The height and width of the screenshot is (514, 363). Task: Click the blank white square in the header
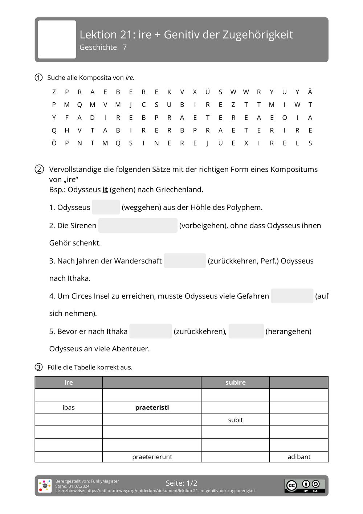tap(57, 39)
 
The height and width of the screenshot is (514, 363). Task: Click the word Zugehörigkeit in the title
tap(257, 35)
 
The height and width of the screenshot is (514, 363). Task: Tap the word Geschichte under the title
tap(98, 48)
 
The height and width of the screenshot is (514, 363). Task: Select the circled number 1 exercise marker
tap(38, 78)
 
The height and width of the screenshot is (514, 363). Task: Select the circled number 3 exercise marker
tap(38, 367)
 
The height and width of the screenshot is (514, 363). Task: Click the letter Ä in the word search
tap(310, 92)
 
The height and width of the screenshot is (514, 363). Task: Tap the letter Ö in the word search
tap(54, 143)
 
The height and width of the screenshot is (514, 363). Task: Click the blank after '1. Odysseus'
tap(106, 207)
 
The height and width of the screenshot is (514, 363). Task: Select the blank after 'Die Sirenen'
tap(138, 225)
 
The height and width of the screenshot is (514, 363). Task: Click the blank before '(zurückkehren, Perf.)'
tap(184, 261)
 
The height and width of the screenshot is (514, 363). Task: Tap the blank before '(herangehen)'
tap(246, 331)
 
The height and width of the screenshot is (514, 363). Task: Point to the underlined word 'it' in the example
tap(105, 189)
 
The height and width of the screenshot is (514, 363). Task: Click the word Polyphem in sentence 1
tap(243, 208)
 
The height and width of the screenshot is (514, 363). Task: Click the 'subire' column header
tap(235, 383)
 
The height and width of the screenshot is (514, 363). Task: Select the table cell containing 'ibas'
tap(69, 408)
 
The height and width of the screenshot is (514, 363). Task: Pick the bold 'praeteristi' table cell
tap(152, 408)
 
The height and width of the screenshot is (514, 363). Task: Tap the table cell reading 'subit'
tap(235, 420)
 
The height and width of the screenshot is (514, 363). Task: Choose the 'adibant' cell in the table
tap(299, 457)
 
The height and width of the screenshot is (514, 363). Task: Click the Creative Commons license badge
tap(305, 486)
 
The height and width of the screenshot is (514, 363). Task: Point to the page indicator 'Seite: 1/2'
tap(181, 483)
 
